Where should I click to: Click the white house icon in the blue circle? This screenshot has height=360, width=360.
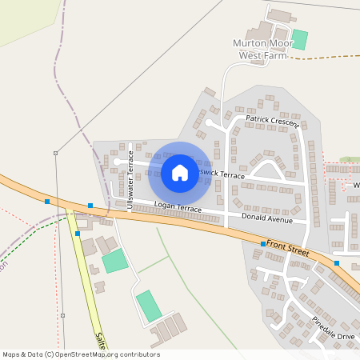point(179,173)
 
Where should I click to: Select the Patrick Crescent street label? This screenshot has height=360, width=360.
point(272,121)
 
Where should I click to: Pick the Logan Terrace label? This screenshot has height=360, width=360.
point(178,208)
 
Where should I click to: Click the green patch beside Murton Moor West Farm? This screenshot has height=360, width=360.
point(300,39)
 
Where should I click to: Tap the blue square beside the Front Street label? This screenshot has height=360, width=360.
point(263,243)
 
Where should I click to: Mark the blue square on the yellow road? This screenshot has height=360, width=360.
point(77,234)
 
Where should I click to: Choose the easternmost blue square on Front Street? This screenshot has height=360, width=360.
point(337,263)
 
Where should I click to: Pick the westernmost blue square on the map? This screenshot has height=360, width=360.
point(47,202)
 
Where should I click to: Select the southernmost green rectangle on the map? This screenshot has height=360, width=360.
point(148,306)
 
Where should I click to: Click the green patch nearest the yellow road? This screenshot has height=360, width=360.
point(114,261)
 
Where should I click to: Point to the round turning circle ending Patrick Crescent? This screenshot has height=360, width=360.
point(210,122)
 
